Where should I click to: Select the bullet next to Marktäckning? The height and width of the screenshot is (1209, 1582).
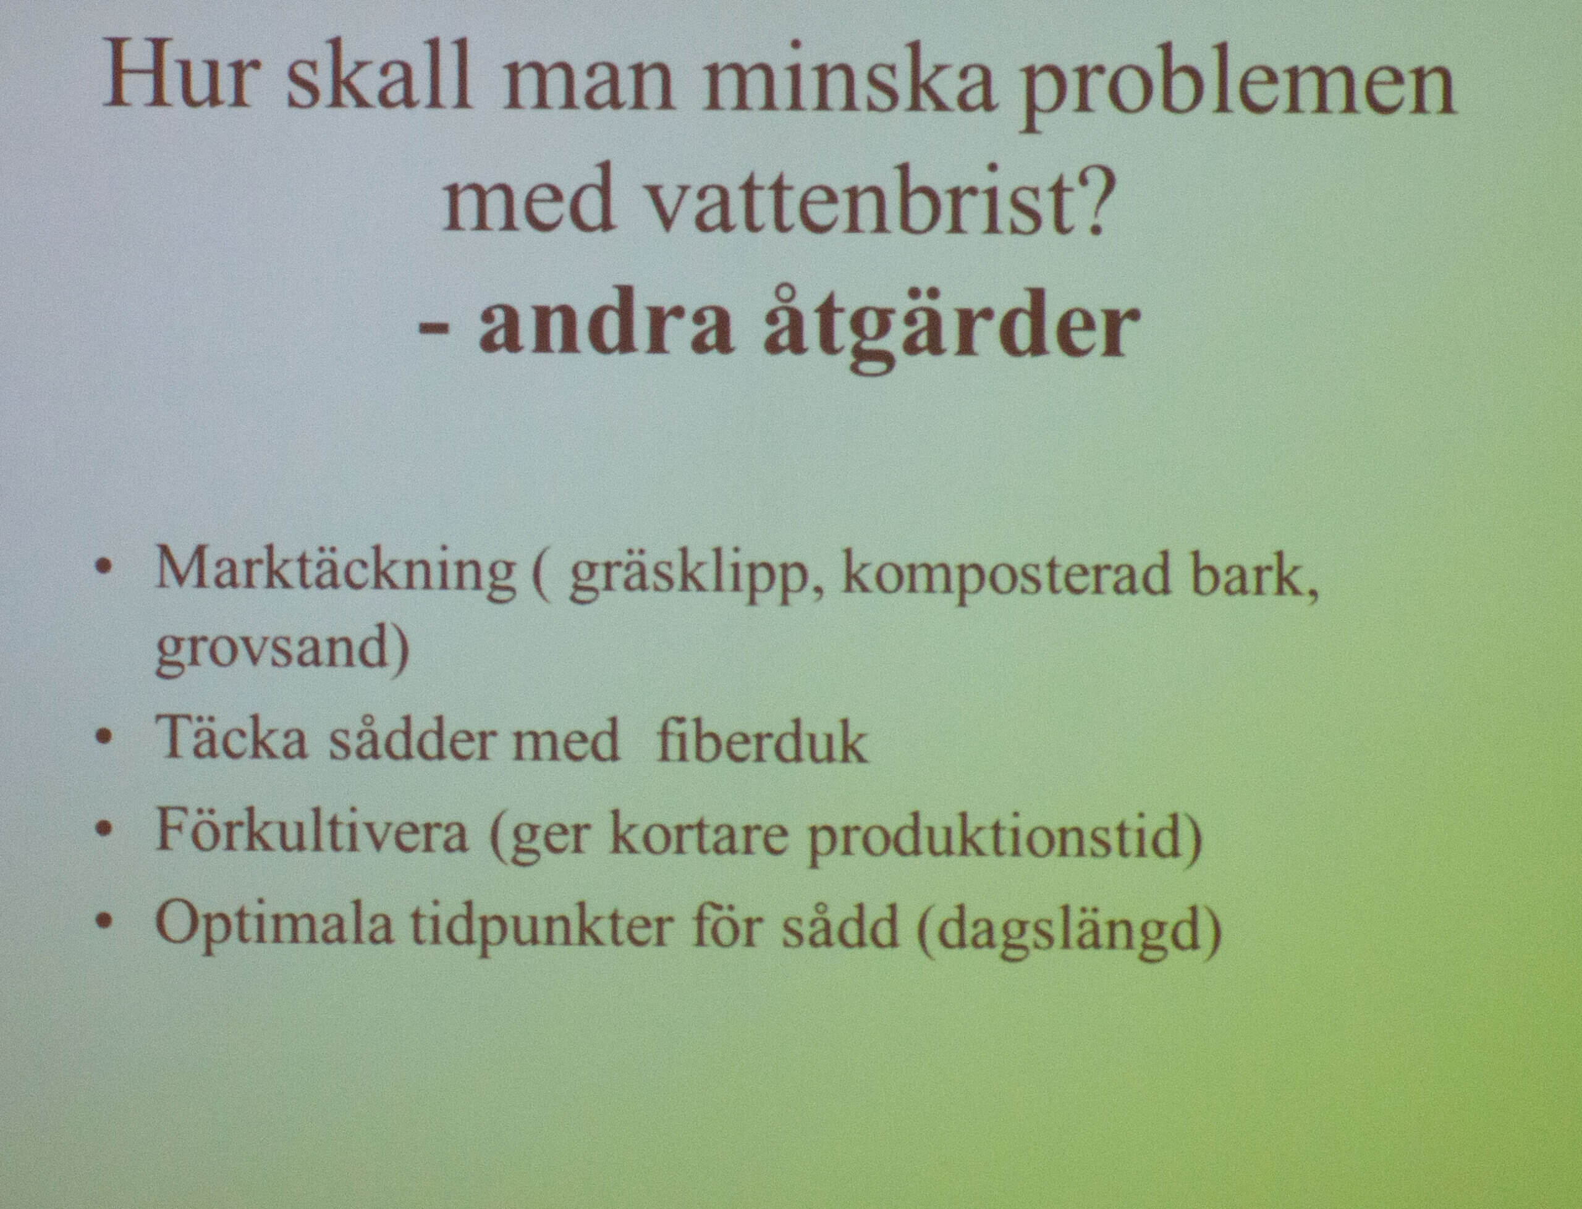(105, 568)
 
